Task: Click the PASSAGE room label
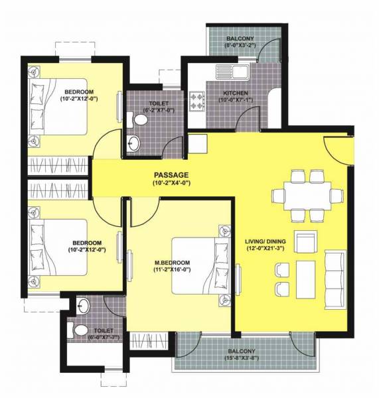[x=171, y=175]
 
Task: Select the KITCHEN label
[x=236, y=93]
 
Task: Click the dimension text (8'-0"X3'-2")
[x=239, y=47]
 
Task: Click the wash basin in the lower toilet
[x=82, y=307]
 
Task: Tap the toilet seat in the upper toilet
[x=140, y=120]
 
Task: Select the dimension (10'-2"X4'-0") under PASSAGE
[x=171, y=183]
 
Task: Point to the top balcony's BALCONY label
[x=239, y=39]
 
